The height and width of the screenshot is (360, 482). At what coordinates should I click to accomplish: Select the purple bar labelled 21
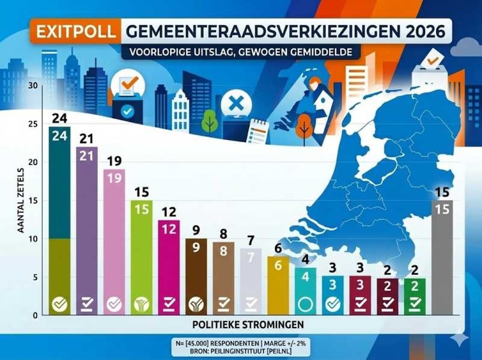pyautogui.click(x=87, y=229)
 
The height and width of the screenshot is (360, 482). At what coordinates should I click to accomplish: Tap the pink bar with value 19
pyautogui.click(x=114, y=241)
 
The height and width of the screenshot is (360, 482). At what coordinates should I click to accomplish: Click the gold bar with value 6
pyautogui.click(x=278, y=283)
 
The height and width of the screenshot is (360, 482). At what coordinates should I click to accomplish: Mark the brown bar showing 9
pyautogui.click(x=196, y=274)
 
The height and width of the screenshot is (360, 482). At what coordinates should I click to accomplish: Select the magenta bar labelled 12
pyautogui.click(x=169, y=265)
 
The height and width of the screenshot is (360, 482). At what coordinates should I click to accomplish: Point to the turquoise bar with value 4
pyautogui.click(x=305, y=289)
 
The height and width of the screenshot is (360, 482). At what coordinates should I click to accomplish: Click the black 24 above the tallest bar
pyautogui.click(x=59, y=117)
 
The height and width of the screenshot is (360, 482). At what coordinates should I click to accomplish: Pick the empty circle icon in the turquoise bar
pyautogui.click(x=305, y=305)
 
